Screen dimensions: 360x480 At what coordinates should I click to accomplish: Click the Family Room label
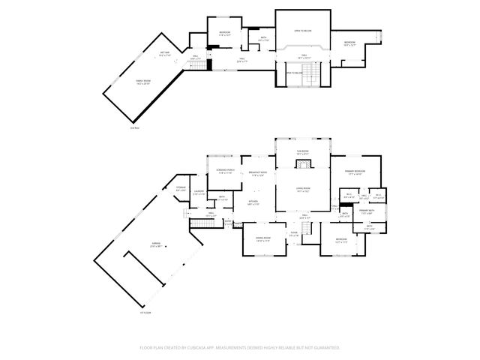(143, 82)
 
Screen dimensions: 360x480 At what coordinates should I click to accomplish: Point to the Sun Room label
(302, 152)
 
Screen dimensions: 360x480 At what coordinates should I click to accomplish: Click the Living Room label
(302, 189)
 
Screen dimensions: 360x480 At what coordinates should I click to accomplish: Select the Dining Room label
(262, 239)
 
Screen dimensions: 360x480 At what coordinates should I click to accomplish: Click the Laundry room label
(199, 193)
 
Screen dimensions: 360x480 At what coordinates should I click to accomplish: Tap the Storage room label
(181, 188)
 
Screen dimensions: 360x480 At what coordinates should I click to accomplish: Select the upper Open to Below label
(302, 31)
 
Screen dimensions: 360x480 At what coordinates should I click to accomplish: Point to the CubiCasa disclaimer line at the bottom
(240, 347)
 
